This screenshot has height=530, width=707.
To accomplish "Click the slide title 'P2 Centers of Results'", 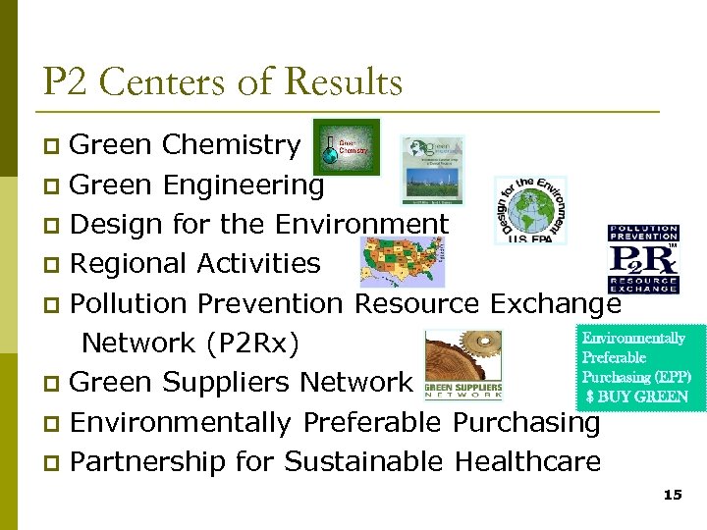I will [x=222, y=81].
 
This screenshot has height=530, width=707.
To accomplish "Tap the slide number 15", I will [x=673, y=496].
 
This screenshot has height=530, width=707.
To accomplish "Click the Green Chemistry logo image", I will [x=346, y=146].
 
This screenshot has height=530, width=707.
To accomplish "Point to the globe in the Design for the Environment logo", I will [x=531, y=209].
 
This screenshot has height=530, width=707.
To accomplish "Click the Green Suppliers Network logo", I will [x=463, y=365].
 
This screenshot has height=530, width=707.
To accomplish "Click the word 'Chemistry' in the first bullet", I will [x=231, y=145].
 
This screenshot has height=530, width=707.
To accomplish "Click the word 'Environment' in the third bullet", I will [x=360, y=225].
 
